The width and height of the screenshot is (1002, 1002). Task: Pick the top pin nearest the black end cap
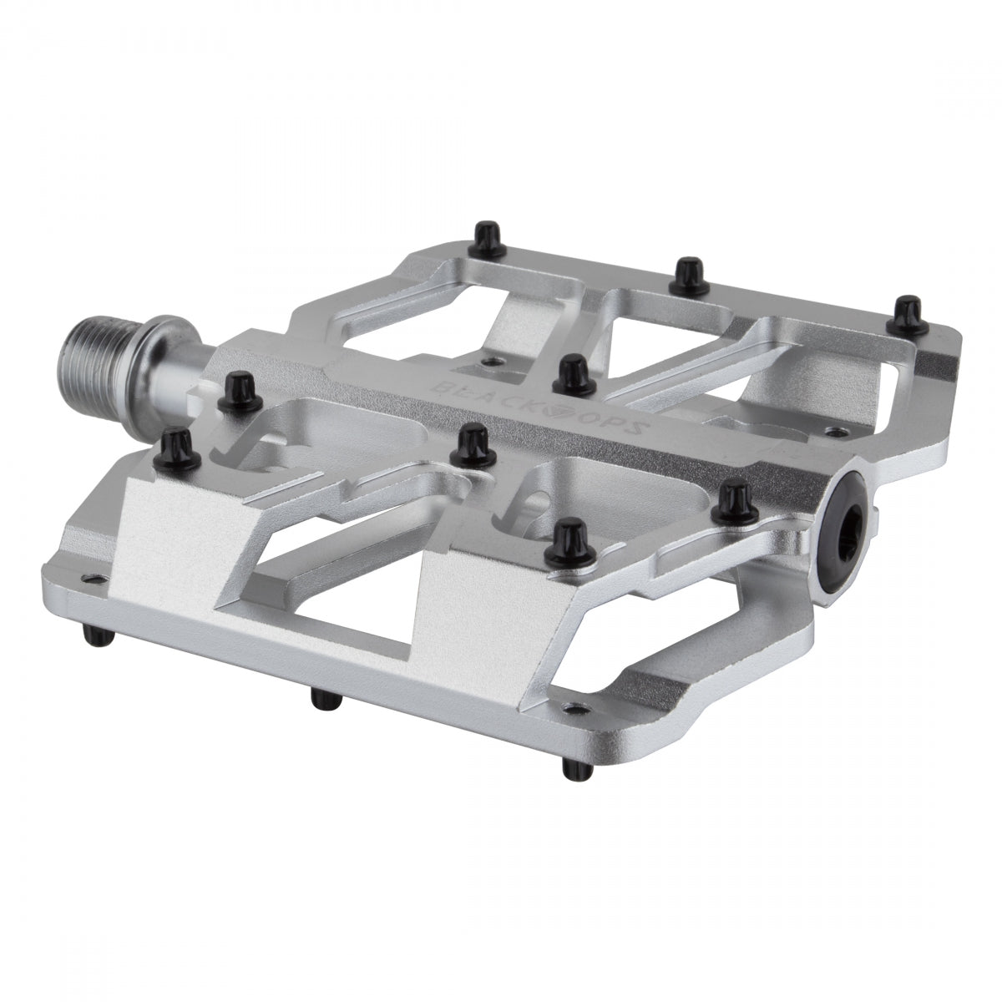(x=735, y=501)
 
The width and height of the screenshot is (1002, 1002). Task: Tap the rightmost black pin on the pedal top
(x=905, y=312)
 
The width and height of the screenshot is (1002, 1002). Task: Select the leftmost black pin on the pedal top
(x=174, y=443)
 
